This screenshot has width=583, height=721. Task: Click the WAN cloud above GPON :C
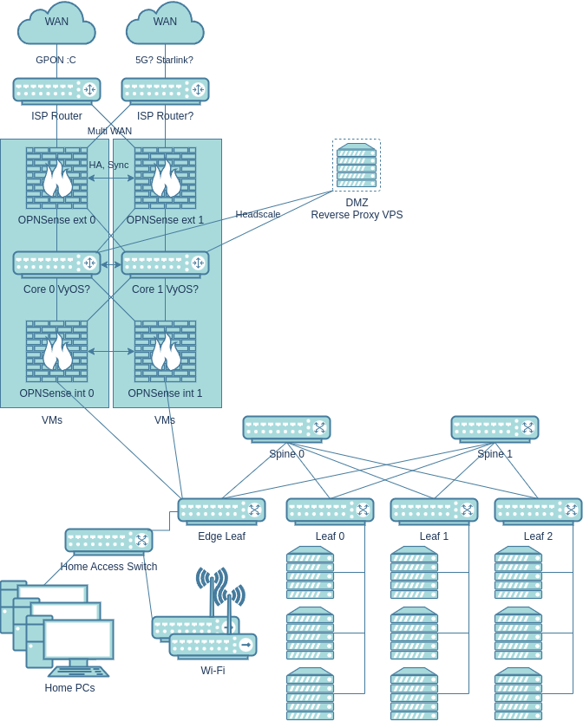(x=56, y=23)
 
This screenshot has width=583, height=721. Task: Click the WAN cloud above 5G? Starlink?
(x=165, y=23)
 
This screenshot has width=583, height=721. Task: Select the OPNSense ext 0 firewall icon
(x=56, y=178)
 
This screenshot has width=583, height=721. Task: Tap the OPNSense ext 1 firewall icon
(x=165, y=178)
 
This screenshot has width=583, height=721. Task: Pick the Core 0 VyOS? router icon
(x=56, y=263)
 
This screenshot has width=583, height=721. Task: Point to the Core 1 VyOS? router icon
(x=165, y=263)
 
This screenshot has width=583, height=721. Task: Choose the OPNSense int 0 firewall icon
(x=56, y=351)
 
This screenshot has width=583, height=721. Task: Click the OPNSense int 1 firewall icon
(x=165, y=351)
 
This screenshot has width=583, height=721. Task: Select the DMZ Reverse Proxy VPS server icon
(x=357, y=166)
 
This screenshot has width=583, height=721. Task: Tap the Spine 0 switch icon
(x=286, y=428)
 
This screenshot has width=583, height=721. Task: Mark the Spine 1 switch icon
(x=495, y=428)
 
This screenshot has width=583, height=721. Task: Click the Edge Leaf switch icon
(x=221, y=510)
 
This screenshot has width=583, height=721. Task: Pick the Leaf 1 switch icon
(x=434, y=510)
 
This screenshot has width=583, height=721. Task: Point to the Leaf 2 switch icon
(x=538, y=510)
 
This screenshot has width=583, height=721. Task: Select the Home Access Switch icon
(x=108, y=541)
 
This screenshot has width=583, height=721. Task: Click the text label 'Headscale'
(x=258, y=214)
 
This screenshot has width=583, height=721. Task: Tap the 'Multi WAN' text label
(x=109, y=131)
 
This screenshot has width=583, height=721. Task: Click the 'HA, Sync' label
(x=108, y=165)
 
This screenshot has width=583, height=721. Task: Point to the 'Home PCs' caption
(x=69, y=688)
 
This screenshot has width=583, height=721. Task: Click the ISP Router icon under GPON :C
(x=56, y=90)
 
